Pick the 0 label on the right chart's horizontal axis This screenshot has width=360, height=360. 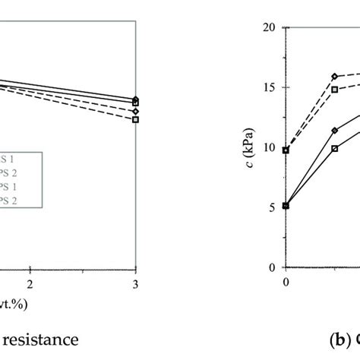point(286,283)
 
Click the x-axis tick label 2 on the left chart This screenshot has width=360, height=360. point(31,283)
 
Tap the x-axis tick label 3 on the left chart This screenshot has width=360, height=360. point(135,283)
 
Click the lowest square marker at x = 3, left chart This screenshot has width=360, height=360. point(136,119)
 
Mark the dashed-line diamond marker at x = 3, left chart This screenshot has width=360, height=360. point(136,111)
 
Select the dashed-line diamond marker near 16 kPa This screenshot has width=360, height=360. point(335,77)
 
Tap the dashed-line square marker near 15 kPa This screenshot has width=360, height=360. point(335,90)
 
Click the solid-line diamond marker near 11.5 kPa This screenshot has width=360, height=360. point(335,130)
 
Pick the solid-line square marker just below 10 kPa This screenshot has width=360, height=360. point(335,149)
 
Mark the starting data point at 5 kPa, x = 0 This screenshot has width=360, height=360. point(286,206)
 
